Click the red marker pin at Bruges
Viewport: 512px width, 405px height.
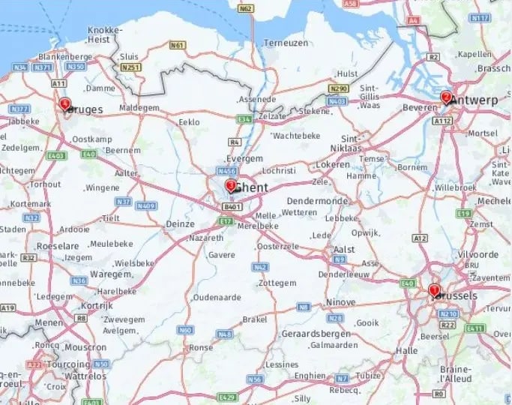(65, 103)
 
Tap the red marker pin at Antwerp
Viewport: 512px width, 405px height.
(446, 97)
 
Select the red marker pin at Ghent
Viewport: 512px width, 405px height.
(230, 186)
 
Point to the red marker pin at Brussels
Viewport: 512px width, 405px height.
(433, 290)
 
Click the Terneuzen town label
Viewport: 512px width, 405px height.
(286, 43)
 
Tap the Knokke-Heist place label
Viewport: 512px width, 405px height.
(104, 34)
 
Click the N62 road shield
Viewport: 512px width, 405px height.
(245, 8)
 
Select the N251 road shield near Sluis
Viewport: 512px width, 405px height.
(131, 68)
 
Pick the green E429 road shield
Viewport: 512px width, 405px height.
(226, 397)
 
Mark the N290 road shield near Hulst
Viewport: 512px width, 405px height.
(338, 88)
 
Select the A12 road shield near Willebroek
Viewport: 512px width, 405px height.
(420, 238)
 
